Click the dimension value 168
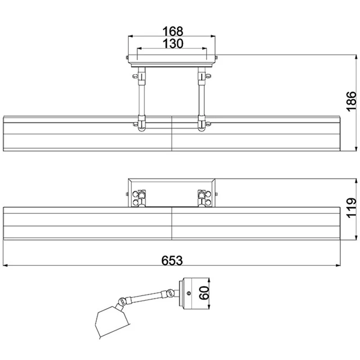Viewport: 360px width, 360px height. point(173,31)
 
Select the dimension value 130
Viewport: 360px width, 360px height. point(173,43)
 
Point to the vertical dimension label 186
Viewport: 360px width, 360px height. point(351,102)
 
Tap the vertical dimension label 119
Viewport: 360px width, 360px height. point(351,208)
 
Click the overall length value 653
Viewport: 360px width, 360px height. point(172,261)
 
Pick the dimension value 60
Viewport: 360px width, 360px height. point(204,293)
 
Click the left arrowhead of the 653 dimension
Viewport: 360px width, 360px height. point(5,265)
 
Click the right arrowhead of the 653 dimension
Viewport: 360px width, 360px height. point(338,265)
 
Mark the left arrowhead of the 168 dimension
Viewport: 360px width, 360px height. point(130,36)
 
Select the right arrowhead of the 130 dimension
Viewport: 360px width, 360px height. point(204,49)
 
